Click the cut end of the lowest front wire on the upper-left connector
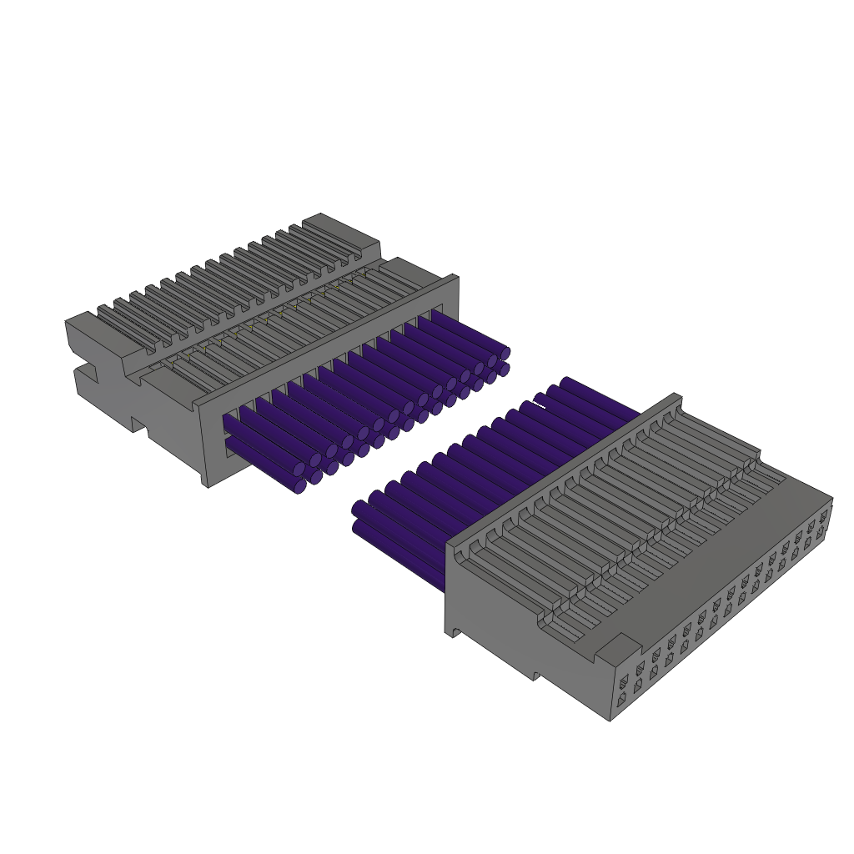point(300,486)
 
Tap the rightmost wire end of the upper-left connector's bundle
point(505,354)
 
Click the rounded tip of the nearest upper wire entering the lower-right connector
point(360,509)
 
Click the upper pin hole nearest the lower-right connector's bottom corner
point(623,682)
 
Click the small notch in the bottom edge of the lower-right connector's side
point(536,675)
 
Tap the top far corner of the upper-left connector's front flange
point(454,279)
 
